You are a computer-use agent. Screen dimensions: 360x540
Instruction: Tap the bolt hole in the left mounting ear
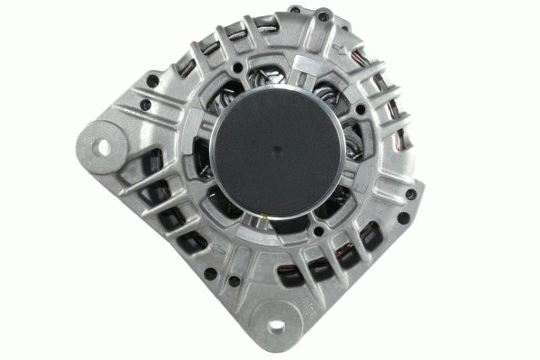point(102,145)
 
